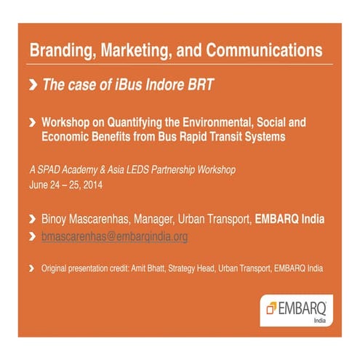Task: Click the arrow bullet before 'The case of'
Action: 32,85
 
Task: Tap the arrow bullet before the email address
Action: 32,236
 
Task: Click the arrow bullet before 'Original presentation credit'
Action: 32,268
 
